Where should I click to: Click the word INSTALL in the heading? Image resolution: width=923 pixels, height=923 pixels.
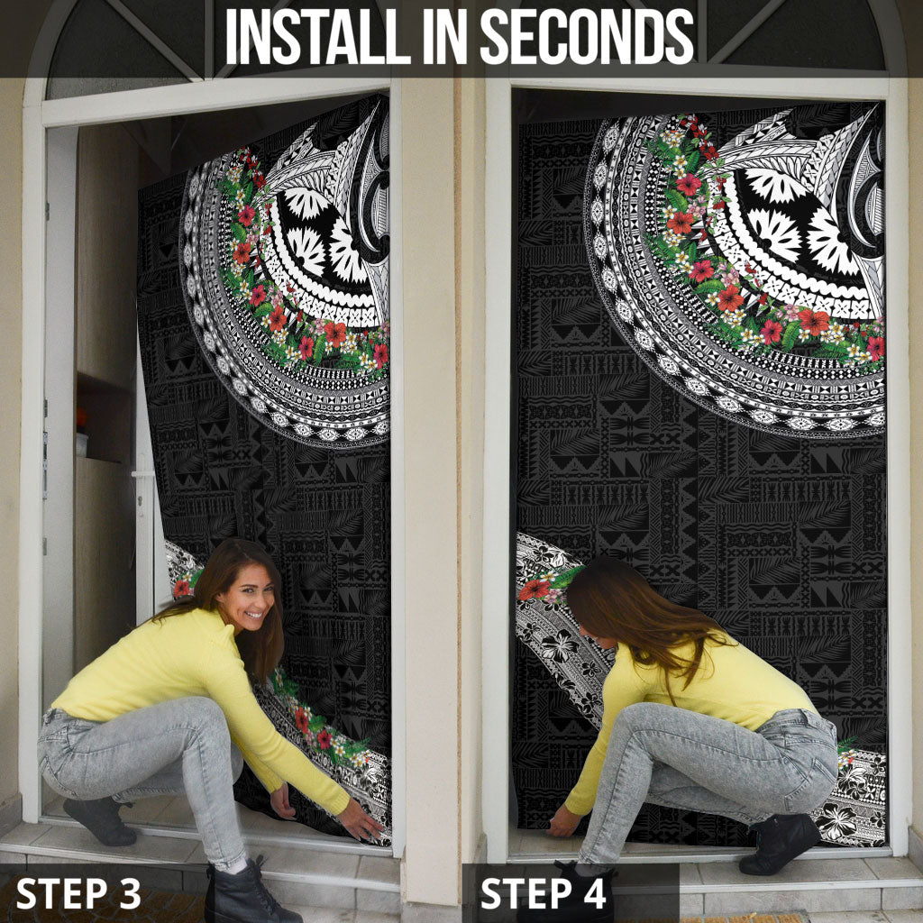318,36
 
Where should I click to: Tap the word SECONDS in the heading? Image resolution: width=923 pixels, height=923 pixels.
587,36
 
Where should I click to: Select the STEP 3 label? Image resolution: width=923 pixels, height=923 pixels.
78,893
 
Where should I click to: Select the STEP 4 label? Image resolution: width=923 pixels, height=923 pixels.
544,893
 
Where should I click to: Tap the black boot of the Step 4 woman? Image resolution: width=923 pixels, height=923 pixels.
779,844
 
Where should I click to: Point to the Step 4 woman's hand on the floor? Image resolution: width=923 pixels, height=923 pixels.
562,821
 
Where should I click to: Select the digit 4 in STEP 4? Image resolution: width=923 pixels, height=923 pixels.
593,893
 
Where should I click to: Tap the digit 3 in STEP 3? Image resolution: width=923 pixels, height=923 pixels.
128,893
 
